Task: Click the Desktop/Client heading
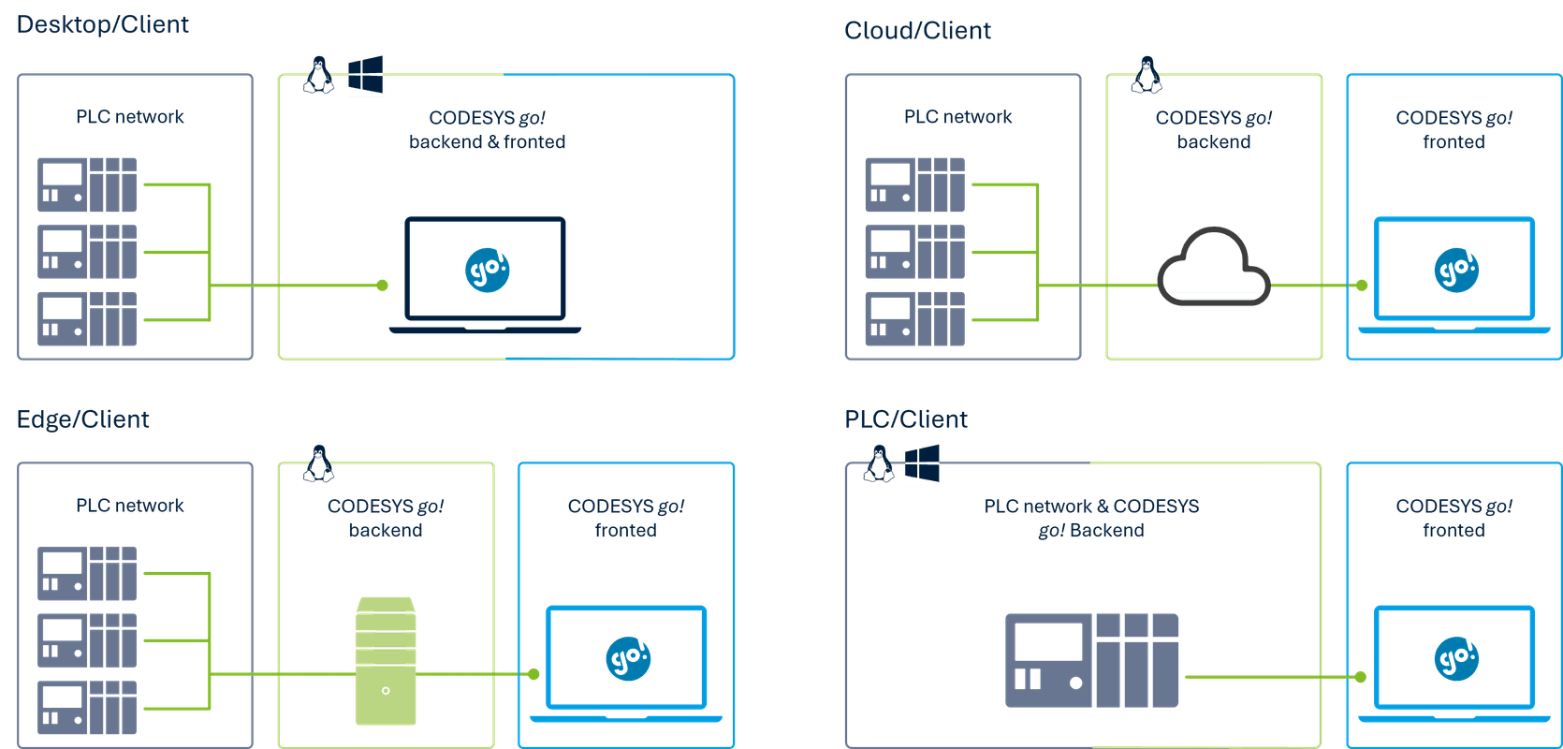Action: coord(103,24)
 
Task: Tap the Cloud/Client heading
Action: coord(917,31)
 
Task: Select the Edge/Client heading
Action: coord(82,419)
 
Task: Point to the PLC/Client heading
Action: coord(905,419)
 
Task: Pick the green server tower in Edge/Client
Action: coord(386,661)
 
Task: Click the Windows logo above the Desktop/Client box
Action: coord(365,76)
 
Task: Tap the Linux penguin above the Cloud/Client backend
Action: coord(1147,75)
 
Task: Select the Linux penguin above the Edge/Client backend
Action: coord(319,463)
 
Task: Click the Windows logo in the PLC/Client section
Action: coord(921,465)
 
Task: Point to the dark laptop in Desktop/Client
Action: coord(485,274)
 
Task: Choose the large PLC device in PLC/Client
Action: coord(1091,660)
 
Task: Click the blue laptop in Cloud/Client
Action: coord(1454,275)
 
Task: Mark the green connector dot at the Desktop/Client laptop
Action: coord(382,286)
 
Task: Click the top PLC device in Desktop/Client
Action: coord(87,184)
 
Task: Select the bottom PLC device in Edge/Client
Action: coord(87,707)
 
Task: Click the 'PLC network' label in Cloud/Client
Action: coord(957,117)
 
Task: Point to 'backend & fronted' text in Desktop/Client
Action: coord(487,142)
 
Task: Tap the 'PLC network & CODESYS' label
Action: coord(1091,507)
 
